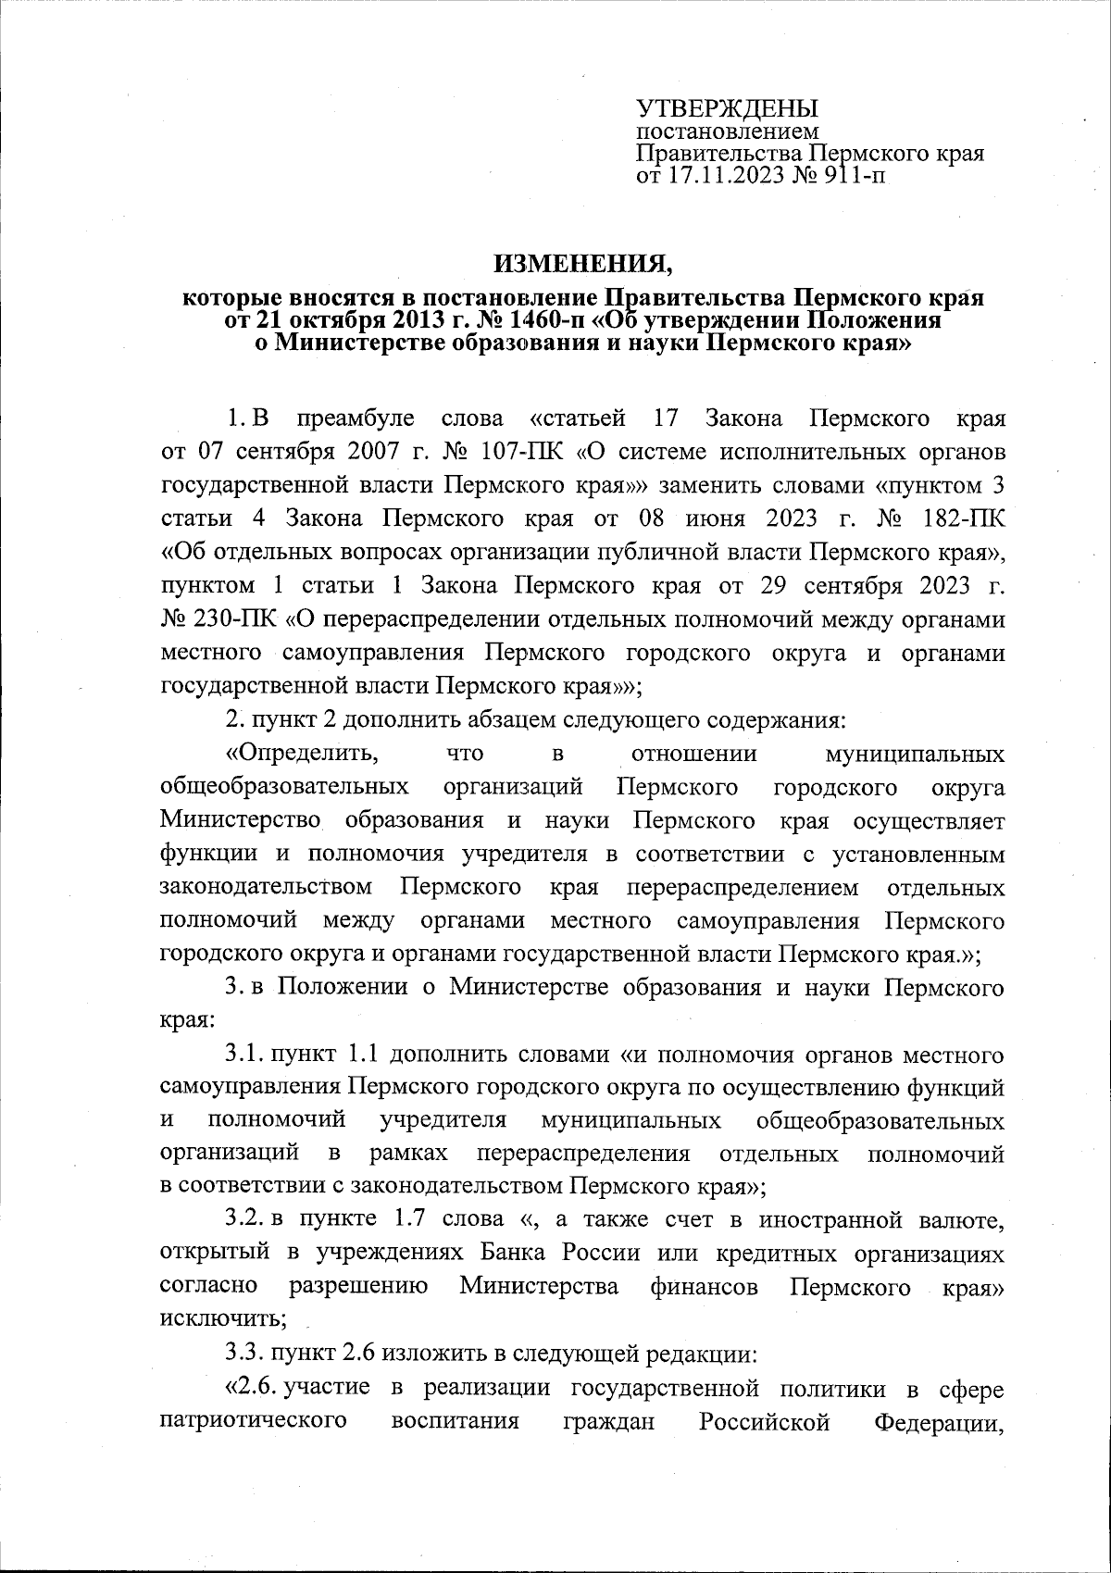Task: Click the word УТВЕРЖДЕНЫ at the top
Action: tap(727, 108)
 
